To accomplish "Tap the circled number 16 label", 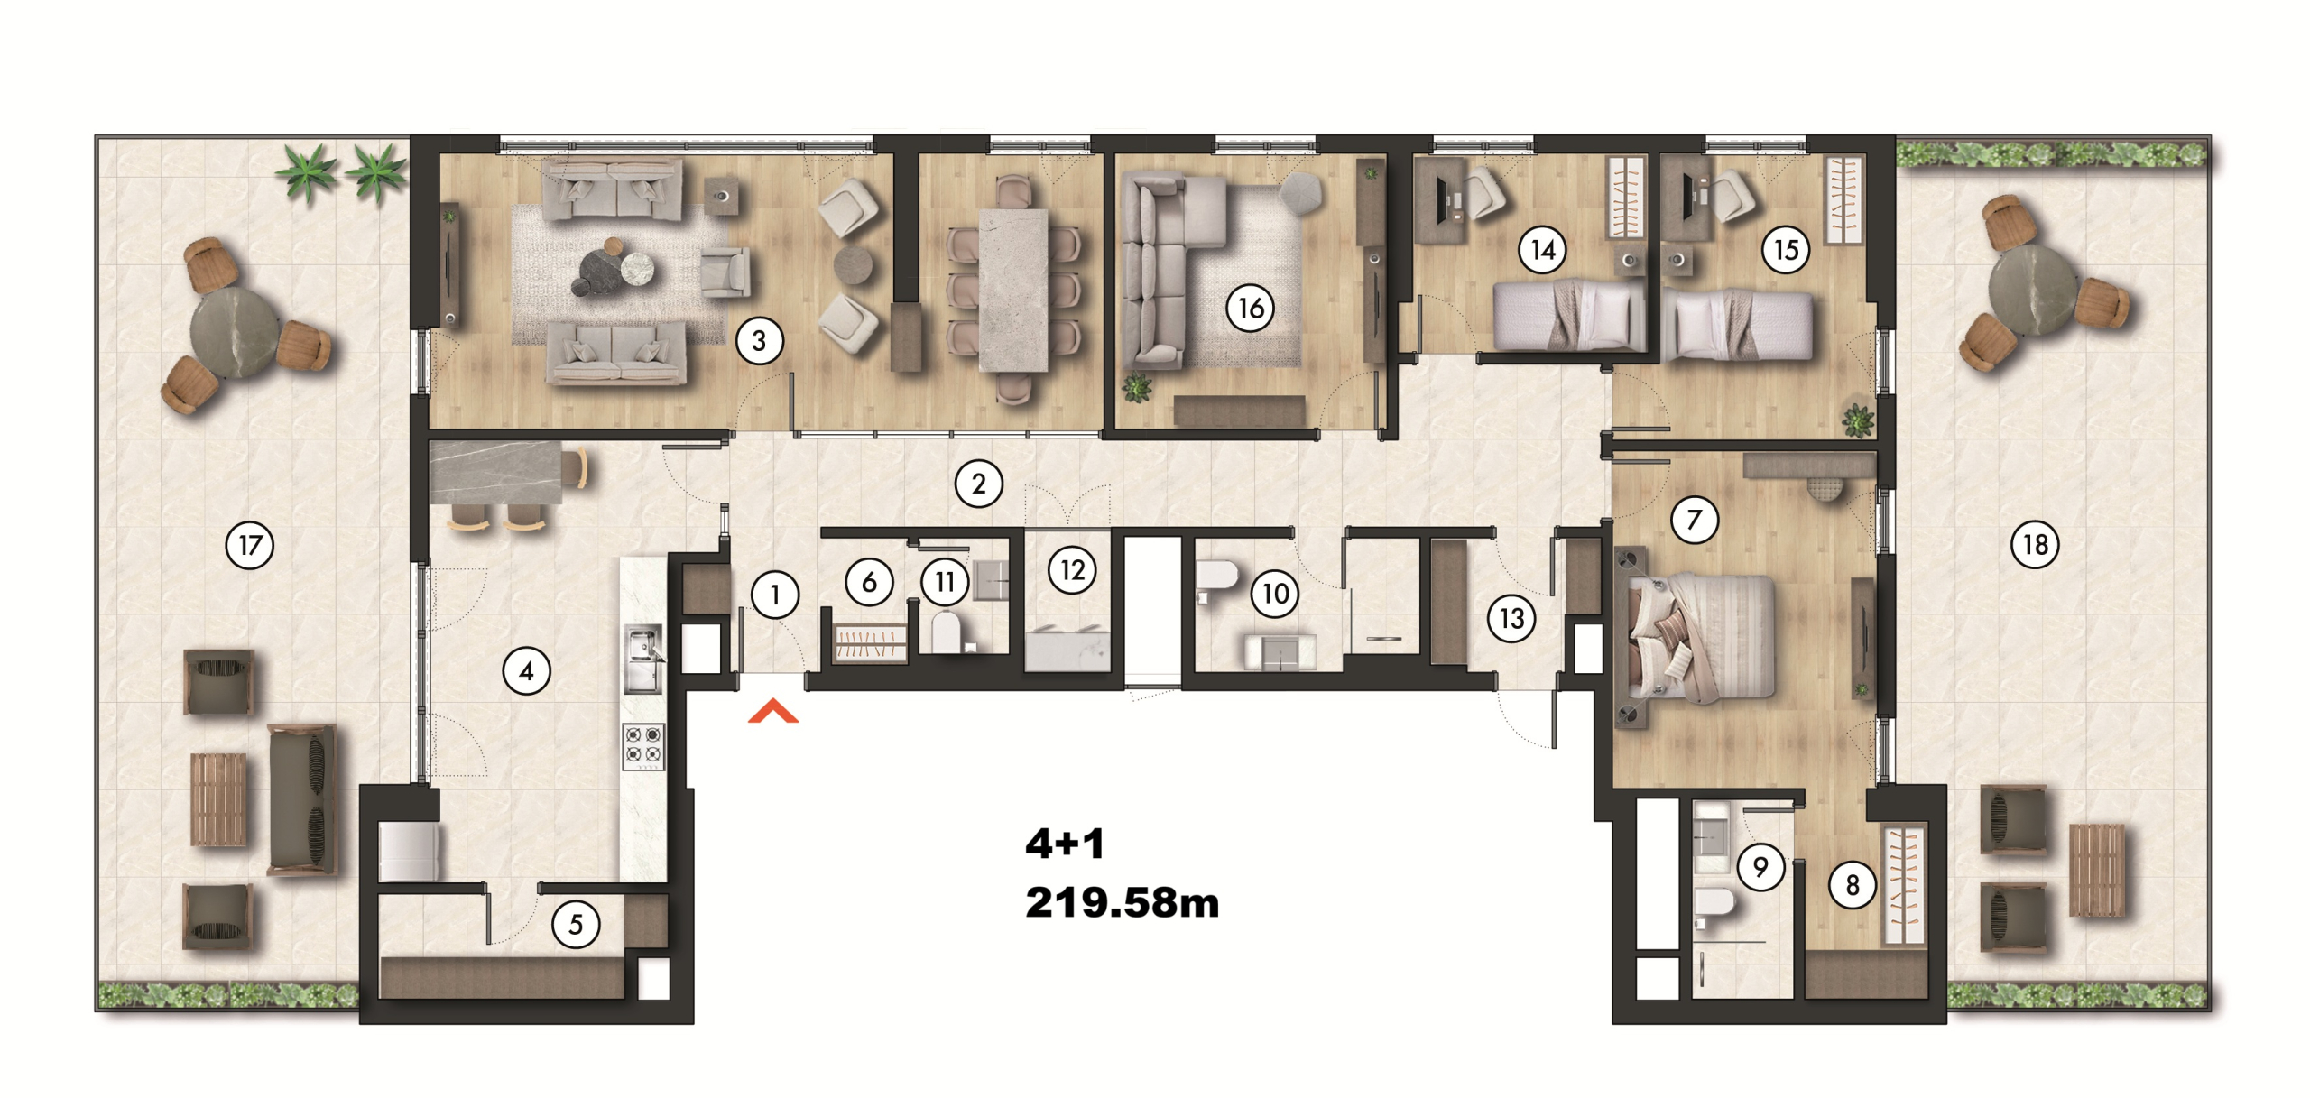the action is click(x=1250, y=309).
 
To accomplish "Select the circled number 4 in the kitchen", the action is click(x=526, y=671).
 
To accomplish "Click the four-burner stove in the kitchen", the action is click(x=643, y=746).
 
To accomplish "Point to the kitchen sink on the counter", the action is click(x=643, y=658).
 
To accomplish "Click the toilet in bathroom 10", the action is click(x=1217, y=578).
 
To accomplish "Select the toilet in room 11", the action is click(x=946, y=632).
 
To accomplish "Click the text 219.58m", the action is click(x=1122, y=903).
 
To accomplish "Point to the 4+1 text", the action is click(x=1065, y=844).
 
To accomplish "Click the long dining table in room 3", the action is click(x=1013, y=290).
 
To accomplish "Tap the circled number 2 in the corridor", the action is click(x=979, y=484).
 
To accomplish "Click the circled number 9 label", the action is click(x=1760, y=867).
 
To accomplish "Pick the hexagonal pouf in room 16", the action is click(x=1300, y=192).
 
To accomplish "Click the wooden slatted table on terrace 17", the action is click(x=218, y=800).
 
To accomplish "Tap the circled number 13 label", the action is click(x=1511, y=619).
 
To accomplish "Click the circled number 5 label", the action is click(x=576, y=925).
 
